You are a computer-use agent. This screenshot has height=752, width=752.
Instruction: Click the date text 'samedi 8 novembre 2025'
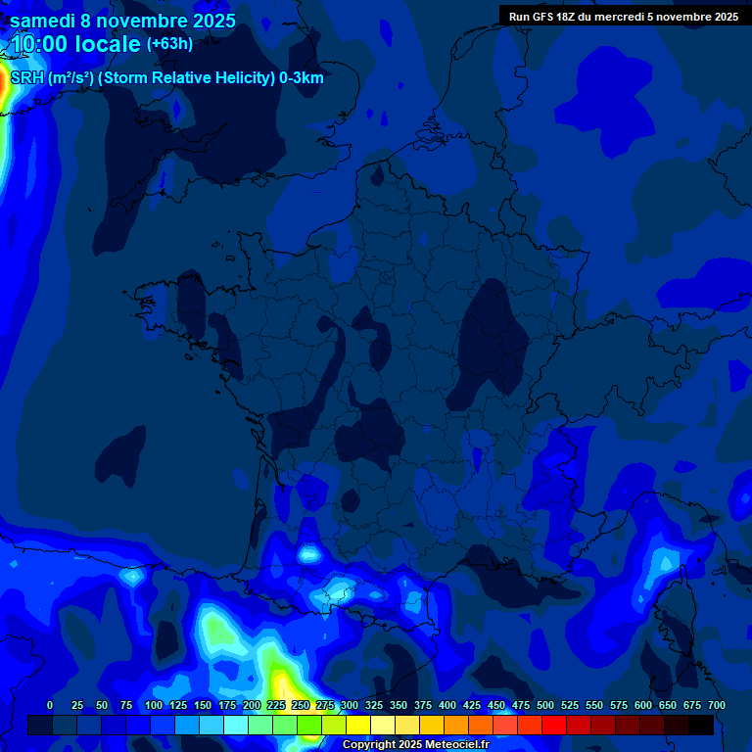pos(122,21)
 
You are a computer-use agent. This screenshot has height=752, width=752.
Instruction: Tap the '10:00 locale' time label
pos(76,45)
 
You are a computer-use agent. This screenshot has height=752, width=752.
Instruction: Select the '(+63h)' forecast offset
pos(169,44)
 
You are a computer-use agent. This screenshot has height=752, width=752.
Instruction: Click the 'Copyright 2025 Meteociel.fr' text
pos(415,745)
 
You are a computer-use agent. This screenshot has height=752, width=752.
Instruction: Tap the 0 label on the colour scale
pos(50,705)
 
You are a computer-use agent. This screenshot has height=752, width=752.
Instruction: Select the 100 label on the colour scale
pos(154,705)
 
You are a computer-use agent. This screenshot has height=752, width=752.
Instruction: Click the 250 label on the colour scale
pos(301,705)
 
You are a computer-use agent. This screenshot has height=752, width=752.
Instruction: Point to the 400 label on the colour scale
pos(447,705)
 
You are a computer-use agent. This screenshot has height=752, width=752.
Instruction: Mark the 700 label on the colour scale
pos(716,705)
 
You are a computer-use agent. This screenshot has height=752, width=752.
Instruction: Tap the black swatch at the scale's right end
pos(701,726)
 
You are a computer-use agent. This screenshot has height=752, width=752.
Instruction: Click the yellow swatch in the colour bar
pos(358,726)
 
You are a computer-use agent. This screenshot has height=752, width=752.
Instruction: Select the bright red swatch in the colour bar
pos(554,726)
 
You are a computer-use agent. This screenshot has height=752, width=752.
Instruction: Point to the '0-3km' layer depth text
pos(302,78)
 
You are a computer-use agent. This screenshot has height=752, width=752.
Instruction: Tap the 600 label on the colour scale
pos(643,705)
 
